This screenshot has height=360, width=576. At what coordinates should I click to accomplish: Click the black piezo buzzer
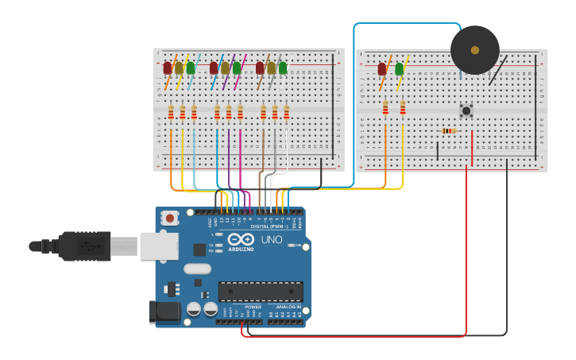click(474, 50)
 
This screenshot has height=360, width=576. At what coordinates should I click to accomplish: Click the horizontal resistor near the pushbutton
click(448, 131)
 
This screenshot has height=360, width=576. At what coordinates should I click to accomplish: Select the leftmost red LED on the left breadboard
click(168, 68)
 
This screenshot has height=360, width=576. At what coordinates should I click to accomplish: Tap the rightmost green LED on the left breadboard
click(283, 68)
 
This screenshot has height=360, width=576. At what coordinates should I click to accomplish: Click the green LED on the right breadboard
click(399, 69)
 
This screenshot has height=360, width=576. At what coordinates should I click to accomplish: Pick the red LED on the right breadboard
click(382, 69)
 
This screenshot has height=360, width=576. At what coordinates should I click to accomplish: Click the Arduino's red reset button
click(169, 218)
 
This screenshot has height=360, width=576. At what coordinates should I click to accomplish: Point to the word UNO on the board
click(272, 239)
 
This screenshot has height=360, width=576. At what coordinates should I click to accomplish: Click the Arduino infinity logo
click(241, 239)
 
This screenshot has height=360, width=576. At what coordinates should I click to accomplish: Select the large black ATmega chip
click(260, 291)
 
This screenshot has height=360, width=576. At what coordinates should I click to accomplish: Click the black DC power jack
click(164, 311)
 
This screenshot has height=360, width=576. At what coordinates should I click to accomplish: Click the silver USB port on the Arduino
click(159, 246)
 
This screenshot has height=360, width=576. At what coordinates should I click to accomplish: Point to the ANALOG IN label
click(288, 307)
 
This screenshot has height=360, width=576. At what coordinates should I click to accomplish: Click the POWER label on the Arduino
click(253, 307)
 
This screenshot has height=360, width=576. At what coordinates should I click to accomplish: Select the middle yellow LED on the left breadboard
click(225, 68)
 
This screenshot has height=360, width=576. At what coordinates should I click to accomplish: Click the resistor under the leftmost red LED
click(171, 112)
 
